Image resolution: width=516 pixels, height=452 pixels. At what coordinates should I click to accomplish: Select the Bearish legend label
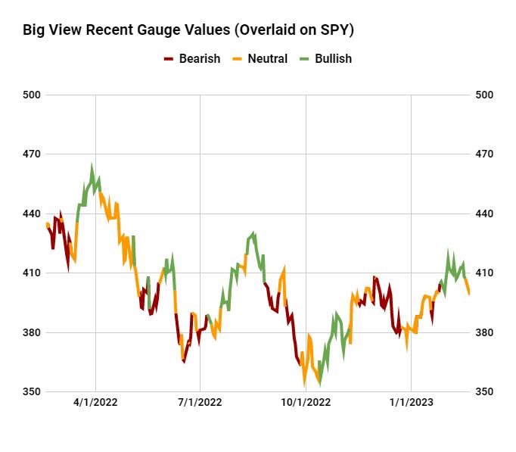(200, 58)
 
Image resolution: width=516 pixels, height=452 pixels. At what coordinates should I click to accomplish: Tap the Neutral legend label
(266, 58)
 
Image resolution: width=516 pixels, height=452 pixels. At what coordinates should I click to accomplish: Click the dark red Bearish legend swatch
(169, 58)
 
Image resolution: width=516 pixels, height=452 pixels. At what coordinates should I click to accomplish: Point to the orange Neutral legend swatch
(236, 58)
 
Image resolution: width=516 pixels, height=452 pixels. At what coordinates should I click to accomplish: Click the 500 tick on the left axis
(33, 95)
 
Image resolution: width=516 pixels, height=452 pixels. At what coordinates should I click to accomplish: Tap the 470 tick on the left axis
(33, 154)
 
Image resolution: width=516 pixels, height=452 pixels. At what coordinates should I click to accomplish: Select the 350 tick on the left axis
(33, 391)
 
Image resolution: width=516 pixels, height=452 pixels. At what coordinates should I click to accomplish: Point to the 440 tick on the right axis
(484, 214)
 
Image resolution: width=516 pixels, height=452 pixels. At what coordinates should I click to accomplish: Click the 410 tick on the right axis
(484, 273)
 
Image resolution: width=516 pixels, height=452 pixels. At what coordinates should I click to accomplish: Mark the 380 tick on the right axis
(484, 332)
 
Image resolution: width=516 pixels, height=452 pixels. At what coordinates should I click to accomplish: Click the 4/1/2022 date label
(95, 403)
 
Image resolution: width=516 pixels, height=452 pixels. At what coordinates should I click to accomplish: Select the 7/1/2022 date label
(200, 403)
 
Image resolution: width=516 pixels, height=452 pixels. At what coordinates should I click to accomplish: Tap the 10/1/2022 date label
(305, 403)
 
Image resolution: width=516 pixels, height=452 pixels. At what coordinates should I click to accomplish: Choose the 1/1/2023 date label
(410, 403)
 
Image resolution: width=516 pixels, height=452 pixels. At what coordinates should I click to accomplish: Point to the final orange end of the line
(469, 293)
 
